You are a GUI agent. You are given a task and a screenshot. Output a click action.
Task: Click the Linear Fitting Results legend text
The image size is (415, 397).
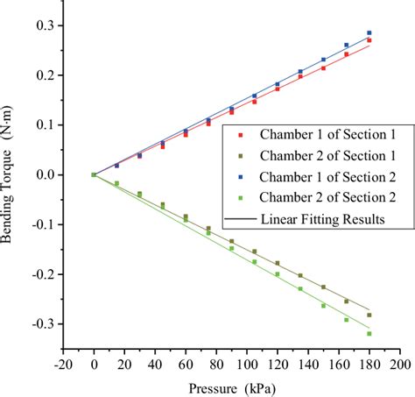tap(321, 219)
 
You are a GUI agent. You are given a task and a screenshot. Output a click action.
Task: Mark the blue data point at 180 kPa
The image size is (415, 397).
tap(369, 33)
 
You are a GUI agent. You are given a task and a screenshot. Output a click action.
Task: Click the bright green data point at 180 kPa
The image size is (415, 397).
tap(369, 333)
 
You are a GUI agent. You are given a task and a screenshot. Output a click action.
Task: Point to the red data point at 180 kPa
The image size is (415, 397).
tap(369, 40)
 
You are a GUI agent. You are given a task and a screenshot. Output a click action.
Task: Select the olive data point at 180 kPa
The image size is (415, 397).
tap(369, 315)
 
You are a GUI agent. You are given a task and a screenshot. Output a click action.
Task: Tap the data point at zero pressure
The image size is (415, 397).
tap(94, 174)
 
